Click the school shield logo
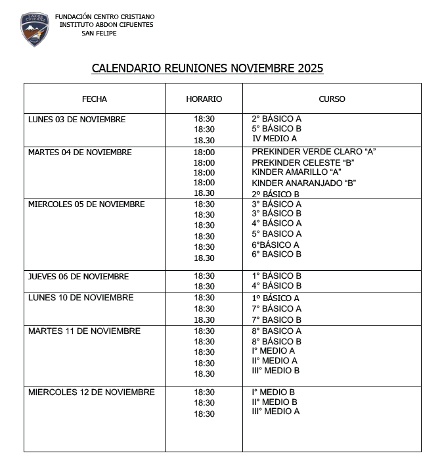tap(34, 29)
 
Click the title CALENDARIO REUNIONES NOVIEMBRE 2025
tap(208, 68)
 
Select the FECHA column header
tap(95, 99)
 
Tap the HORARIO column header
tap(204, 99)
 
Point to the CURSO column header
tap(332, 99)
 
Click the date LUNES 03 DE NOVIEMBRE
tap(77, 120)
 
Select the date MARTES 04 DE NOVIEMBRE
tap(80, 153)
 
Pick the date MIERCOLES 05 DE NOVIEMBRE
tap(86, 204)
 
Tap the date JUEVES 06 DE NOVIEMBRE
tap(78, 277)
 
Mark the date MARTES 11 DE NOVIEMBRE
tap(84, 331)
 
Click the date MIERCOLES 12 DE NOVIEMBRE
tap(91, 392)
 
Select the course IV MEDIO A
tap(275, 139)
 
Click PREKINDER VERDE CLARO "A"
tap(313, 152)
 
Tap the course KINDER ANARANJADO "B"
tap(303, 183)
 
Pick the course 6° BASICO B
tap(277, 254)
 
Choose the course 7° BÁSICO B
tap(277, 320)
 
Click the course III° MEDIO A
tap(276, 411)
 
